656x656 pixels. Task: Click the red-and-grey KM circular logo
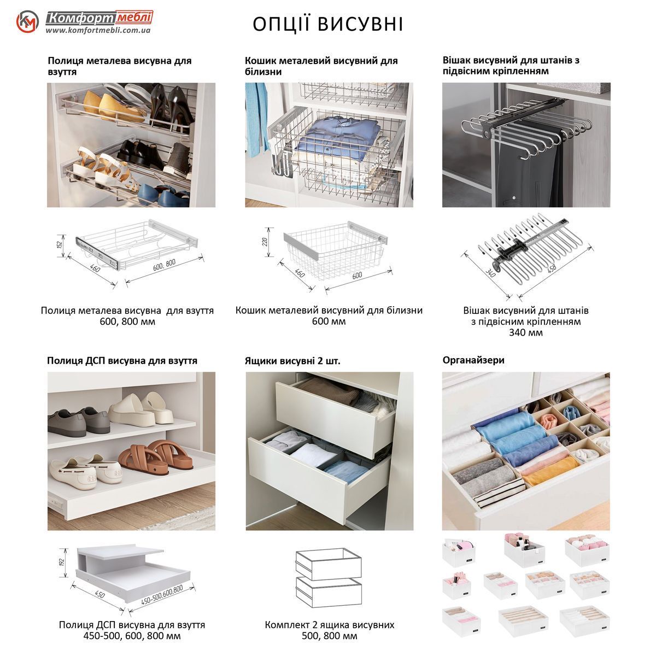coord(27,22)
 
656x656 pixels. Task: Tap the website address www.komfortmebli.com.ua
coord(98,30)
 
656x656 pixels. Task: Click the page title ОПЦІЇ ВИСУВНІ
coord(328,24)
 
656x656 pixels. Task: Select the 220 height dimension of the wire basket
coord(265,242)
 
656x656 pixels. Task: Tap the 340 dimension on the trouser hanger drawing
coord(490,273)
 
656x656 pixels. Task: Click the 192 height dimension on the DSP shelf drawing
coord(62,563)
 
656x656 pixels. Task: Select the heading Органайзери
coord(473,360)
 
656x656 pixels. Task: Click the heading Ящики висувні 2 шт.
coord(292,361)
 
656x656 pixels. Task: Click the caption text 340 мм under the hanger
coord(525,332)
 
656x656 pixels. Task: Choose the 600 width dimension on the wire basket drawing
coord(357,276)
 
